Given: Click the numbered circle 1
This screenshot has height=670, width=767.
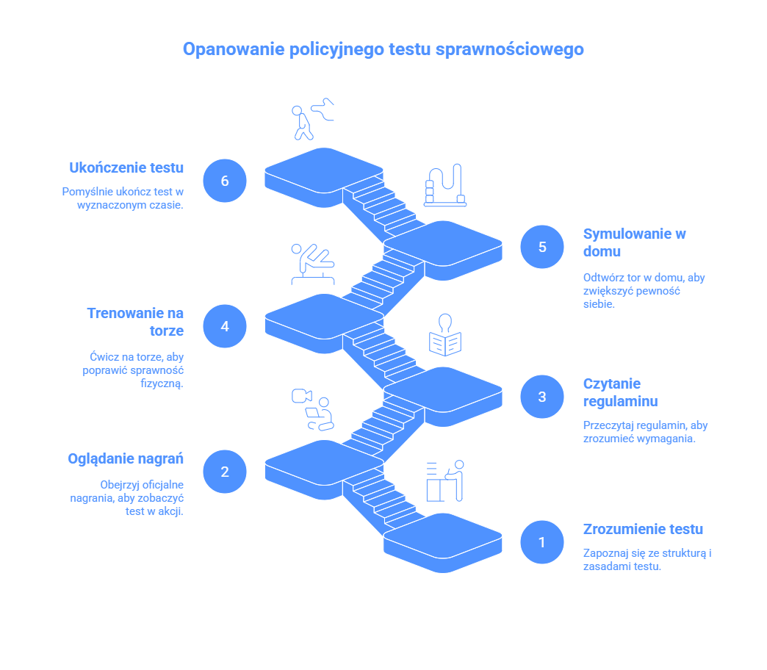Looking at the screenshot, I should [x=542, y=542].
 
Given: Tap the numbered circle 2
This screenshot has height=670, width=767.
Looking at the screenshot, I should [x=225, y=472].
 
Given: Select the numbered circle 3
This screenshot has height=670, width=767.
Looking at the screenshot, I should [x=542, y=397].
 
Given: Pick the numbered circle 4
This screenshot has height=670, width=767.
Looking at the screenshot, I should [x=225, y=325].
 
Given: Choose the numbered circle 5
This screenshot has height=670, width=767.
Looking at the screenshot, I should [x=542, y=247].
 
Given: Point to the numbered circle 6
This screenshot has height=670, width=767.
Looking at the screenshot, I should [x=225, y=180].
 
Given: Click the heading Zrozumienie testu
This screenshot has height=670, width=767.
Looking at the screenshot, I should [x=643, y=529].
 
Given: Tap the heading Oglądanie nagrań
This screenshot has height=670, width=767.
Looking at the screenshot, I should [x=126, y=458].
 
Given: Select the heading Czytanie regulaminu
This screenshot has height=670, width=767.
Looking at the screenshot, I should [x=620, y=392].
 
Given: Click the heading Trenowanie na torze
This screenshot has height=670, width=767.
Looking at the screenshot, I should [x=136, y=322].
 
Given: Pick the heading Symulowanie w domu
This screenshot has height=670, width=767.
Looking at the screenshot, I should [x=634, y=242].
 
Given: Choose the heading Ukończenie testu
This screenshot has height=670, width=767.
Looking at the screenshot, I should [x=126, y=167].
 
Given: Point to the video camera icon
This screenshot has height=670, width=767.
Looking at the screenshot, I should [x=298, y=396].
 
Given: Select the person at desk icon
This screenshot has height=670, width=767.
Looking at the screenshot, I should [x=446, y=481].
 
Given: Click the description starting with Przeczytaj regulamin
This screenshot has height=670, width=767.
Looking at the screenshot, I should [x=645, y=432].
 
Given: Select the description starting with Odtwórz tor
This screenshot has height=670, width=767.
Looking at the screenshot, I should [x=644, y=291].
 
